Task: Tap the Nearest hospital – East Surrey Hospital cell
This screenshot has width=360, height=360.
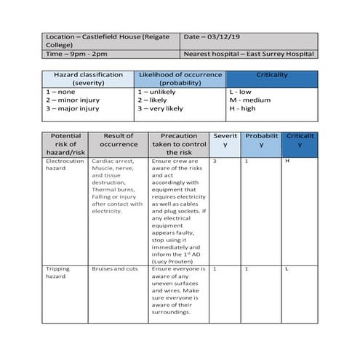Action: [x=248, y=54]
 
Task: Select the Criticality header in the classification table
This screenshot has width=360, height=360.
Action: [x=271, y=76]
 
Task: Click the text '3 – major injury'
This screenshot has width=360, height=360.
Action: [x=73, y=109]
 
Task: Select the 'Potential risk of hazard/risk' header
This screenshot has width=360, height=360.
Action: [x=65, y=145]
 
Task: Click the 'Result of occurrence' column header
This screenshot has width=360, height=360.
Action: [x=119, y=140]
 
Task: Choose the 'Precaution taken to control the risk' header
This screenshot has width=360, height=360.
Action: [x=178, y=145]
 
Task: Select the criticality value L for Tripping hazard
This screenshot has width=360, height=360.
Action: [x=288, y=269]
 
